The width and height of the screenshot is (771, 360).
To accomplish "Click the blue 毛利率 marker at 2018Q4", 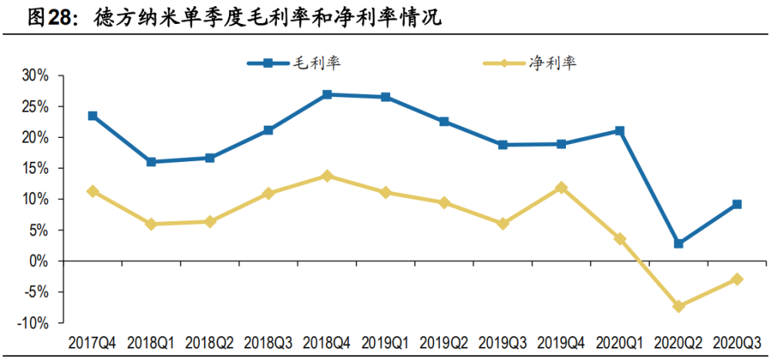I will [327, 95].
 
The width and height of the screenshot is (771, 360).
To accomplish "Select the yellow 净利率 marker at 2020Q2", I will [678, 306].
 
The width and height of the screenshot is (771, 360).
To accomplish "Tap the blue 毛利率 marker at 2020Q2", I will [678, 244].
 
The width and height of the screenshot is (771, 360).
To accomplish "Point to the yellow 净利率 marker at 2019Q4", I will [561, 187].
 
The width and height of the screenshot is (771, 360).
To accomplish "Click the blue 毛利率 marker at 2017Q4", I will [93, 116].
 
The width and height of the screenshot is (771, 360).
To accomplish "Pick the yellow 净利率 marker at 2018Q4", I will [327, 176].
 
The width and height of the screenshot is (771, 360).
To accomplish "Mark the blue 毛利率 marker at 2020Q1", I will [620, 131].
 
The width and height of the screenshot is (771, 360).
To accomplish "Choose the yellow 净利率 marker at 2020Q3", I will [737, 279].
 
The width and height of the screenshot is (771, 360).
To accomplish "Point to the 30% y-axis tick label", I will [36, 76].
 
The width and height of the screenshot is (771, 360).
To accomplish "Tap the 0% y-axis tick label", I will [40, 261].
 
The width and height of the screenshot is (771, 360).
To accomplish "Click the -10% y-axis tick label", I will [34, 323].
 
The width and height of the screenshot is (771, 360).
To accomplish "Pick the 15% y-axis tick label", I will [36, 168].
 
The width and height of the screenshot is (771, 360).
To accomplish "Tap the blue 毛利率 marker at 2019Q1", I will [385, 97].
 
